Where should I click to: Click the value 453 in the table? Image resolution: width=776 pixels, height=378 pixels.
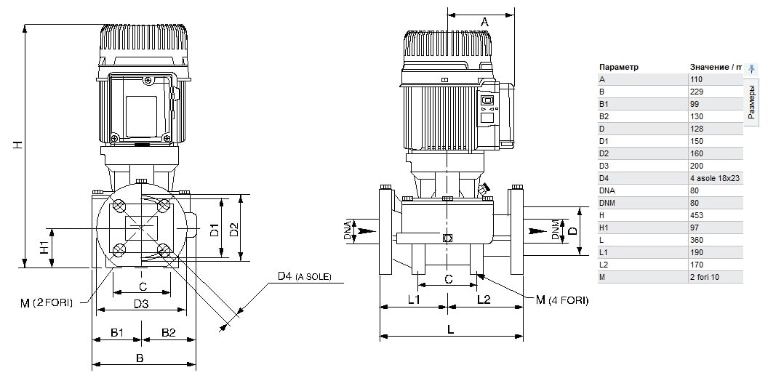(x=696, y=215)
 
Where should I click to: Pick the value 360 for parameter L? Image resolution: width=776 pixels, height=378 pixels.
(x=696, y=240)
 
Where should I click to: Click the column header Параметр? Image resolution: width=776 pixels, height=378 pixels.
(x=619, y=67)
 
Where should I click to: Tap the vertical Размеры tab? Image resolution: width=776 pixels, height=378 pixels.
(x=751, y=102)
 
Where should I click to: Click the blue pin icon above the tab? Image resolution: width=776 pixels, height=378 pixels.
(x=751, y=68)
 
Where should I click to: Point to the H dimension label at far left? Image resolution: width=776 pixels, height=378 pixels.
(x=17, y=145)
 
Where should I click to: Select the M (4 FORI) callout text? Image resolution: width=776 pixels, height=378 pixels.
(x=562, y=299)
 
